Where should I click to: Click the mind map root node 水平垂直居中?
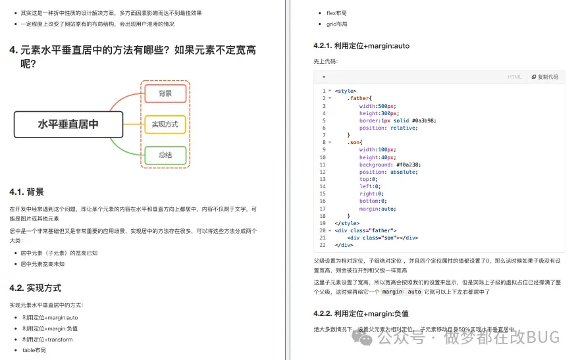(x=68, y=124)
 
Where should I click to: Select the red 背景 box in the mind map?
(x=165, y=93)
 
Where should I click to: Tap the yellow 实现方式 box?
(x=165, y=124)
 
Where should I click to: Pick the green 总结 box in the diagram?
(x=165, y=155)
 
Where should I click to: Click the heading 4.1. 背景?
(x=27, y=192)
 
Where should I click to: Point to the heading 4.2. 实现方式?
(x=36, y=288)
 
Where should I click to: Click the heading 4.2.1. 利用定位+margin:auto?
(x=361, y=46)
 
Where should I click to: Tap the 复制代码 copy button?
(x=544, y=77)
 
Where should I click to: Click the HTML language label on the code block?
(x=514, y=77)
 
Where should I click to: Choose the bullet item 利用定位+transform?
(x=47, y=340)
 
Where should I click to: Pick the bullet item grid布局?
(x=336, y=24)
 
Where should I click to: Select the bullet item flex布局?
(x=336, y=13)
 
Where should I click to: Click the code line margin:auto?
(x=377, y=209)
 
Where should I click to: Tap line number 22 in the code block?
(x=323, y=245)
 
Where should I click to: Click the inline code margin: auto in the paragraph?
(x=402, y=292)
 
